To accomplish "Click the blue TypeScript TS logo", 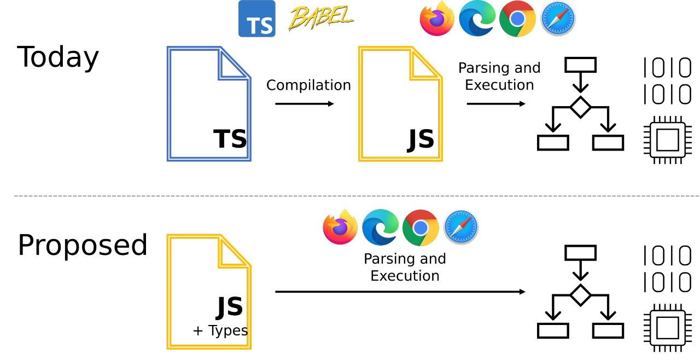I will click(256, 19).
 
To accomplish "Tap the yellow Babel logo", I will click(320, 18).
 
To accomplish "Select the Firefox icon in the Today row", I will click(437, 19).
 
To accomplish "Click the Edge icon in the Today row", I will click(477, 19).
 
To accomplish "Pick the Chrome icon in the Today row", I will click(517, 19).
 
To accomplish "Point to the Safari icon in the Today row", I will click(558, 19).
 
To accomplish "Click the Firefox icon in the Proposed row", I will click(340, 227).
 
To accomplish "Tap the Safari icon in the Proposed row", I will click(460, 227).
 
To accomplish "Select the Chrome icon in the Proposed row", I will click(421, 227).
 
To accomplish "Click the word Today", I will click(58, 57).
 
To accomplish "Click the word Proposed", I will click(83, 246).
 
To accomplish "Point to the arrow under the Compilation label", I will click(304, 104).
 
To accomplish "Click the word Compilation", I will click(308, 85).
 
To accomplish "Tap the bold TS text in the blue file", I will click(230, 139).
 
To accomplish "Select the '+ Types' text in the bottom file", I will click(220, 331).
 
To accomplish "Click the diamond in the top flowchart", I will click(580, 107).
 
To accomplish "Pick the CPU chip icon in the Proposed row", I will click(667, 328).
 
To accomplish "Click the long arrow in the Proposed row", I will click(400, 292).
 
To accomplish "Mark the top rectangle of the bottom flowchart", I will click(580, 253).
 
